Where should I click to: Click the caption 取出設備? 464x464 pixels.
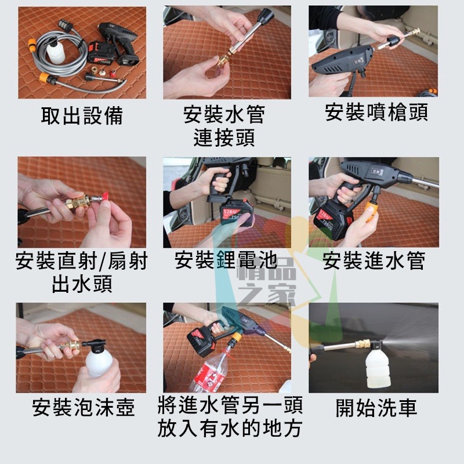point(82,115)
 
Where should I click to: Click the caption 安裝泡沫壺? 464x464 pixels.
point(84,408)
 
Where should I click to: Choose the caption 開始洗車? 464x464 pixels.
point(376,408)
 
